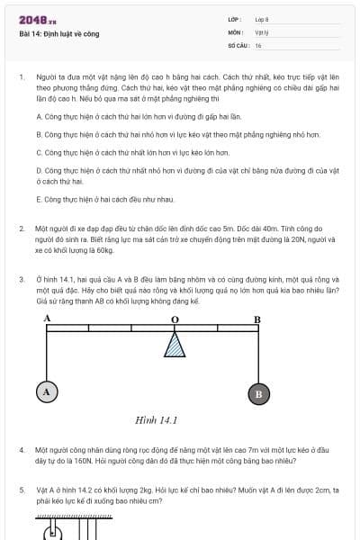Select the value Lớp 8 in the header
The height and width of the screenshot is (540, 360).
click(262, 19)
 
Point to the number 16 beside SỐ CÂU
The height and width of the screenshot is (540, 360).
click(258, 44)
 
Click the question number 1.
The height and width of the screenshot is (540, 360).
click(22, 78)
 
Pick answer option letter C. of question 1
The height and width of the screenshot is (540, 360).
click(39, 152)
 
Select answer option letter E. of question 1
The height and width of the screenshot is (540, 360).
click(39, 198)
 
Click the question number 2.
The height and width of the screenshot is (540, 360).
click(22, 229)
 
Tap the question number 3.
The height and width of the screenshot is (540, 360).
click(22, 279)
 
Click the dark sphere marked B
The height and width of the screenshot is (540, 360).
click(258, 393)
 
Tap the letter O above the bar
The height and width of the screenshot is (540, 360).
click(175, 319)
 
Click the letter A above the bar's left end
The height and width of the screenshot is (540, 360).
click(47, 319)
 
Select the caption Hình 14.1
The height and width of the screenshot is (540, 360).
click(156, 419)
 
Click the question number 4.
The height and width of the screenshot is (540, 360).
click(22, 448)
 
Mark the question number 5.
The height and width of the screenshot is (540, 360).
click(22, 490)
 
